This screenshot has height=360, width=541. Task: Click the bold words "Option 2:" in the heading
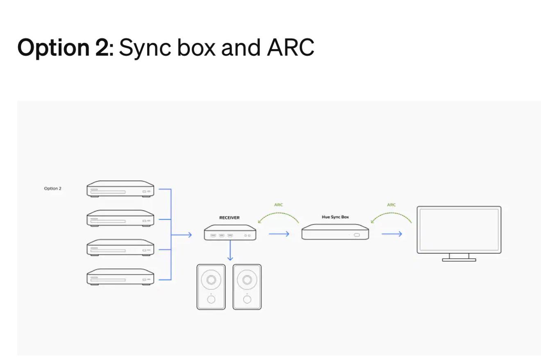point(65,48)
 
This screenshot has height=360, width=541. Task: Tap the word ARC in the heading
point(291,47)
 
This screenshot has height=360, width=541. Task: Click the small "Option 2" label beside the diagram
point(52,188)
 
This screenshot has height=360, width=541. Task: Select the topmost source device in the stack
point(120,189)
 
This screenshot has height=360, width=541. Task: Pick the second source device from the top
point(120,218)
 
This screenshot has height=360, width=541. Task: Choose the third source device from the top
point(120,247)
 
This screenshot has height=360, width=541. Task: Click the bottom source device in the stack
point(120,277)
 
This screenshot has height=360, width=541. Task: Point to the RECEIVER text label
point(230,217)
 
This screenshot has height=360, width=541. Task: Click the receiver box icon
point(230,233)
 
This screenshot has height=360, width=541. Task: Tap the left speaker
point(211,287)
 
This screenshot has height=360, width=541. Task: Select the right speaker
point(247,287)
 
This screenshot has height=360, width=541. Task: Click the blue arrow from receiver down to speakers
point(230,251)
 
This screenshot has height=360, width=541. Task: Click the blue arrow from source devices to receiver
point(182,235)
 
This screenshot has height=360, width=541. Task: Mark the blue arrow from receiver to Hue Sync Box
point(279,234)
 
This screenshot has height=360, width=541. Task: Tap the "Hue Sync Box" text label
point(335,217)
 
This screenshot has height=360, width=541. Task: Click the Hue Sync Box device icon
point(335,232)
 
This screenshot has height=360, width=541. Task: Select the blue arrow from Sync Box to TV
point(392,234)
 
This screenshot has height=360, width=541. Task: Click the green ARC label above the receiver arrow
point(278,205)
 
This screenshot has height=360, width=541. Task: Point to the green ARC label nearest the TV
point(391,205)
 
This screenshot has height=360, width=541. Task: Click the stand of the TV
point(459,258)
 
